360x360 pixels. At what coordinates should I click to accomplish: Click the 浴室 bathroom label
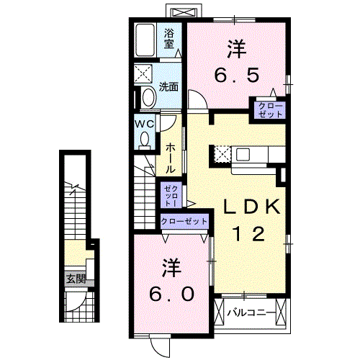pyautogui.click(x=169, y=37)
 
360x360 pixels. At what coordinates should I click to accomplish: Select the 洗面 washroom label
pyautogui.click(x=168, y=87)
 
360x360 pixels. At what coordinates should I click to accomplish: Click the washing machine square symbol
pyautogui.click(x=144, y=73)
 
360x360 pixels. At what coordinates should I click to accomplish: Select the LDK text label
pyautogui.click(x=249, y=207)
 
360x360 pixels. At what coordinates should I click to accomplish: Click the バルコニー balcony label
pyautogui.click(x=251, y=313)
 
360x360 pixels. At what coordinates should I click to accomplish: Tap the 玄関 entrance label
pyautogui.click(x=75, y=279)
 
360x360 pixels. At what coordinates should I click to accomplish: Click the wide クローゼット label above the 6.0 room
pyautogui.click(x=183, y=221)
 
